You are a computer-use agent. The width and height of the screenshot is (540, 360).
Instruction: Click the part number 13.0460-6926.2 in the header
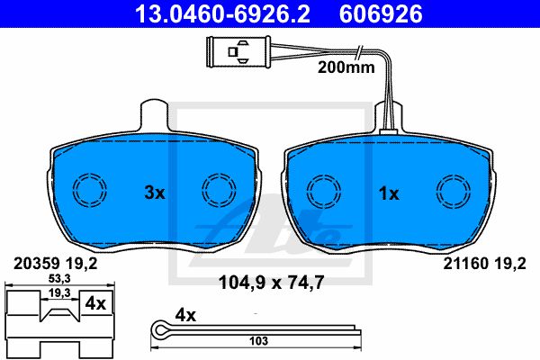(222, 14)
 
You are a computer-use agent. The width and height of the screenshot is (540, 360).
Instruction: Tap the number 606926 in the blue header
(381, 14)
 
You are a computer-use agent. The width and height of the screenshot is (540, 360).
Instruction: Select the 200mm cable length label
(346, 67)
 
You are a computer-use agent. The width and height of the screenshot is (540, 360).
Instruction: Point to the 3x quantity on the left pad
(155, 193)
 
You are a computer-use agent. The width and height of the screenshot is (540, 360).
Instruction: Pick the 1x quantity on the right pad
(389, 194)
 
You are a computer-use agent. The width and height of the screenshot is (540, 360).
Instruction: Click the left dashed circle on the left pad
(90, 190)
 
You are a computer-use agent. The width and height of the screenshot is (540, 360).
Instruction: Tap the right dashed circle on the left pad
(219, 190)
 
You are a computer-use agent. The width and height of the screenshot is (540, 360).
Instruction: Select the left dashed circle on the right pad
(324, 192)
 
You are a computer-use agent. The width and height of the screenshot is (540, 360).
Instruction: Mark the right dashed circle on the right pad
(454, 192)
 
